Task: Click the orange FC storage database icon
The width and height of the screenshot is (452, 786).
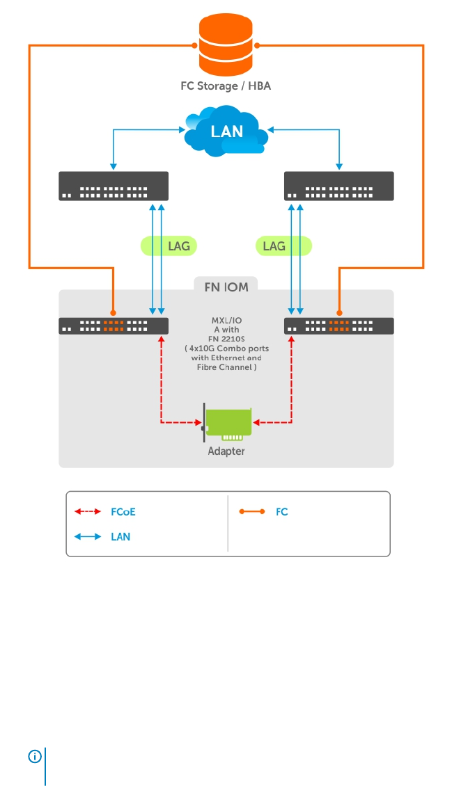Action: click(226, 45)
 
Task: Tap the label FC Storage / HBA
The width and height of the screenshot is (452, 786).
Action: click(226, 87)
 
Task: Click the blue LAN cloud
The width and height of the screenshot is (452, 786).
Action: click(226, 130)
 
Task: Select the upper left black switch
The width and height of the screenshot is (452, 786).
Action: click(114, 186)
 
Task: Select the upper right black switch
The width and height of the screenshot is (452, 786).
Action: click(339, 186)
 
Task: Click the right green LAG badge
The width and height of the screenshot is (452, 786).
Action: click(283, 246)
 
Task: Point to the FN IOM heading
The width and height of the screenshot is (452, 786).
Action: click(226, 285)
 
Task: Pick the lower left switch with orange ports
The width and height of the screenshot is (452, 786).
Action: click(114, 326)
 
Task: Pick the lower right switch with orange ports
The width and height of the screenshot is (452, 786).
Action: click(339, 326)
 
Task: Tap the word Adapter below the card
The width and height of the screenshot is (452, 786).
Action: click(226, 451)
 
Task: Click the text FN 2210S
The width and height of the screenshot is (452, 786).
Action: click(226, 339)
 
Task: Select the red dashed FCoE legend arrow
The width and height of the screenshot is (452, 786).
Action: click(88, 512)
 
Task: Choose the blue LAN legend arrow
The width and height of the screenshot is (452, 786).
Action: click(88, 537)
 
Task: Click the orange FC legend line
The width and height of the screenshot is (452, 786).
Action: click(252, 512)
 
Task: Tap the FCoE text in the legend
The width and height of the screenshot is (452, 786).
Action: click(123, 512)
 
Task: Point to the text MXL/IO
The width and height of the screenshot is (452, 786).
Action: click(226, 320)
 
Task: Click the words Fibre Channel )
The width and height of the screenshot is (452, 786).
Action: click(226, 367)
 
